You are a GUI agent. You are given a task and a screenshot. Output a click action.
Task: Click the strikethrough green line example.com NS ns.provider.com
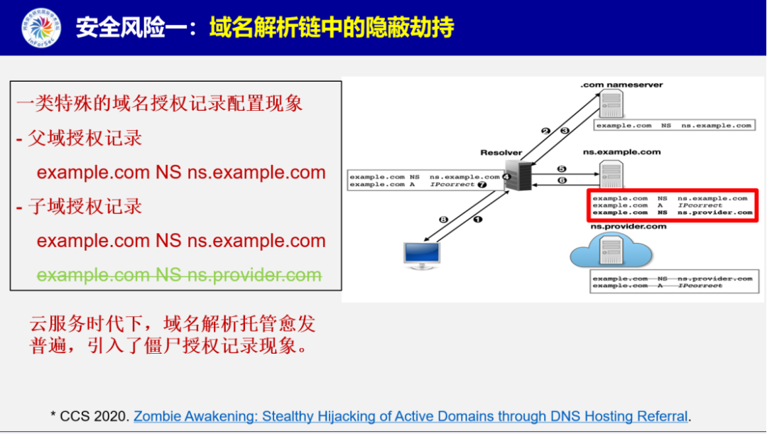(x=179, y=275)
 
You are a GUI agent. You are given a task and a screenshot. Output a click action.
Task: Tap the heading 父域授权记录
(x=85, y=138)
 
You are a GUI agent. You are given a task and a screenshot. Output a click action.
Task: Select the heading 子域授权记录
(x=85, y=207)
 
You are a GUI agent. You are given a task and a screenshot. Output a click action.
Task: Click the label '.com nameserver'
(x=621, y=85)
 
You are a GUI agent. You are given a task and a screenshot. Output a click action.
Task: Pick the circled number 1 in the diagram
(x=478, y=219)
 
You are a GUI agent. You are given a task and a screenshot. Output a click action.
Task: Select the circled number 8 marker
(x=444, y=220)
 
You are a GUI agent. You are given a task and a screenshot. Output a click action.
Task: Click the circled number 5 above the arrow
(x=562, y=169)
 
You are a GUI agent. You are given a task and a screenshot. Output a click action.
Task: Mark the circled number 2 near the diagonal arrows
(x=545, y=131)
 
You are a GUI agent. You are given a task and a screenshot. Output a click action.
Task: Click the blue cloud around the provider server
(x=611, y=253)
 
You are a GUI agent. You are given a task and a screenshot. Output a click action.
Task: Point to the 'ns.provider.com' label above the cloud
(x=629, y=227)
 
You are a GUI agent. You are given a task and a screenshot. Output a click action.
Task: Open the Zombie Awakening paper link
(x=410, y=416)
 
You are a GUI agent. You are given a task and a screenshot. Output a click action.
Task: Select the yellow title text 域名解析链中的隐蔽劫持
(x=331, y=28)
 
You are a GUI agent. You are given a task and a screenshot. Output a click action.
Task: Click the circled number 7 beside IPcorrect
(x=482, y=185)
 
